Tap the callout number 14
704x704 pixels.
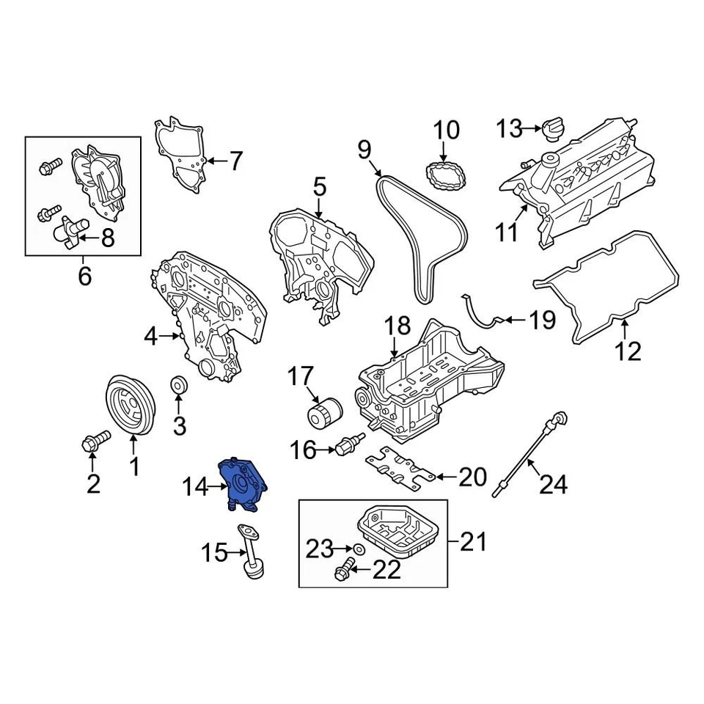[196, 485]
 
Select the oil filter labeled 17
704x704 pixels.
[323, 414]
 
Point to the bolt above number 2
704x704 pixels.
[94, 441]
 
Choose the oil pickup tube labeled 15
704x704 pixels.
[250, 552]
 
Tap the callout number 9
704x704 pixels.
[364, 152]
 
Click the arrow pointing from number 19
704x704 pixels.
[514, 320]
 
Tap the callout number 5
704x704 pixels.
[318, 188]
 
